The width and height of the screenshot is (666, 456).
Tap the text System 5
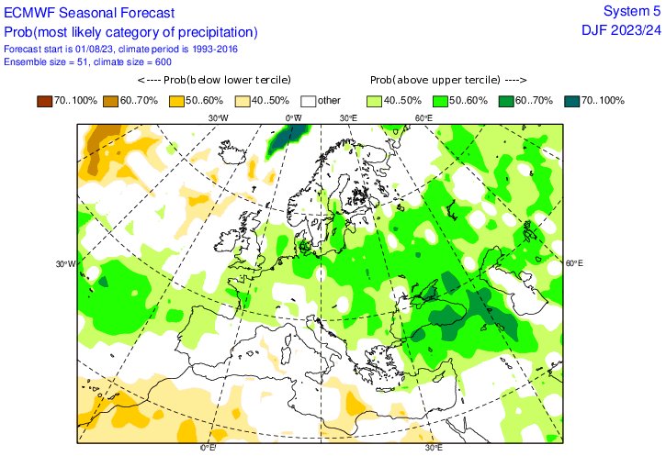point(631,11)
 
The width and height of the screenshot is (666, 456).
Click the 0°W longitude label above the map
point(293,118)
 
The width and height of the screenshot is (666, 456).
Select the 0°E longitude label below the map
point(209,448)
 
